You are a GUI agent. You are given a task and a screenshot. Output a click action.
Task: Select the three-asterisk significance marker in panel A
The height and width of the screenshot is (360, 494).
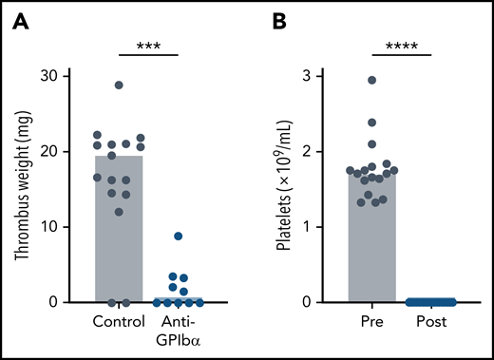[x=146, y=46]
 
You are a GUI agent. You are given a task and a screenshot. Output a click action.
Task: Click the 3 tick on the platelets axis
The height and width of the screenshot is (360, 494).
[x=323, y=76]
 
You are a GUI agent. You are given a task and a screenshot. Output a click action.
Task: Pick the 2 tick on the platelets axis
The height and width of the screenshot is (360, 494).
[x=323, y=152]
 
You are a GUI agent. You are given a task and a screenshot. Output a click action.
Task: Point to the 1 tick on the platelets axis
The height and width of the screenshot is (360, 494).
[x=323, y=227]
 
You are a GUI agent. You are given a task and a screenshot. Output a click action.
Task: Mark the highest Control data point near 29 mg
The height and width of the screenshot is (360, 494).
[x=119, y=85]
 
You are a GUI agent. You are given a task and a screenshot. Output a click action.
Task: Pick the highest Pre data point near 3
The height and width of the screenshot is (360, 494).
[x=371, y=81]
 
